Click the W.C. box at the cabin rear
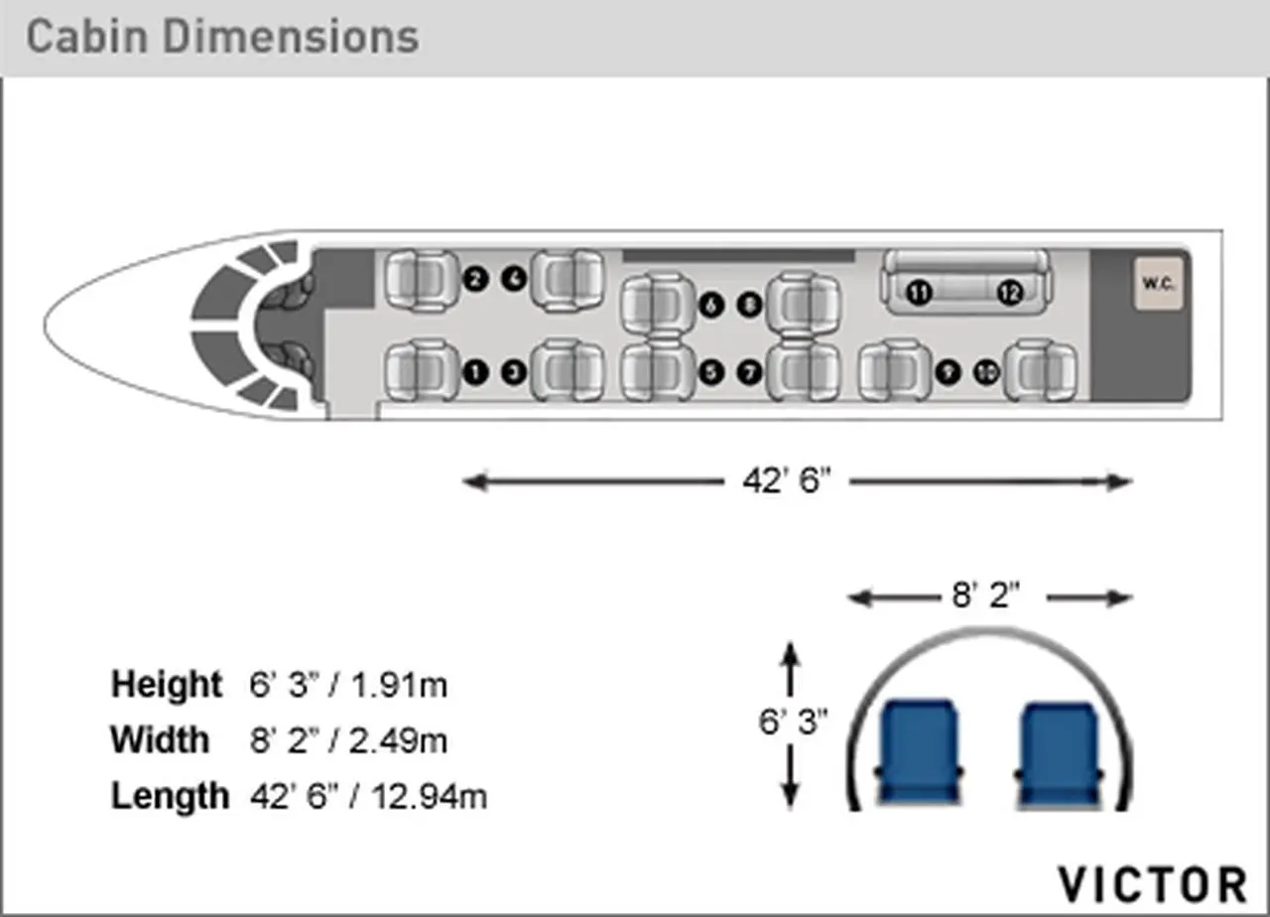click(x=1159, y=283)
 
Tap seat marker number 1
click(x=475, y=372)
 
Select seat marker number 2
click(x=475, y=279)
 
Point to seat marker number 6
click(x=711, y=305)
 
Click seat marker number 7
click(x=749, y=372)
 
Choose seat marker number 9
click(x=948, y=372)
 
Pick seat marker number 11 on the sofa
click(x=919, y=293)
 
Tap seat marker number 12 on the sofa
click(x=1009, y=293)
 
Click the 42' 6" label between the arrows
click(x=787, y=481)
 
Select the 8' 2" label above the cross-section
click(x=985, y=595)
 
